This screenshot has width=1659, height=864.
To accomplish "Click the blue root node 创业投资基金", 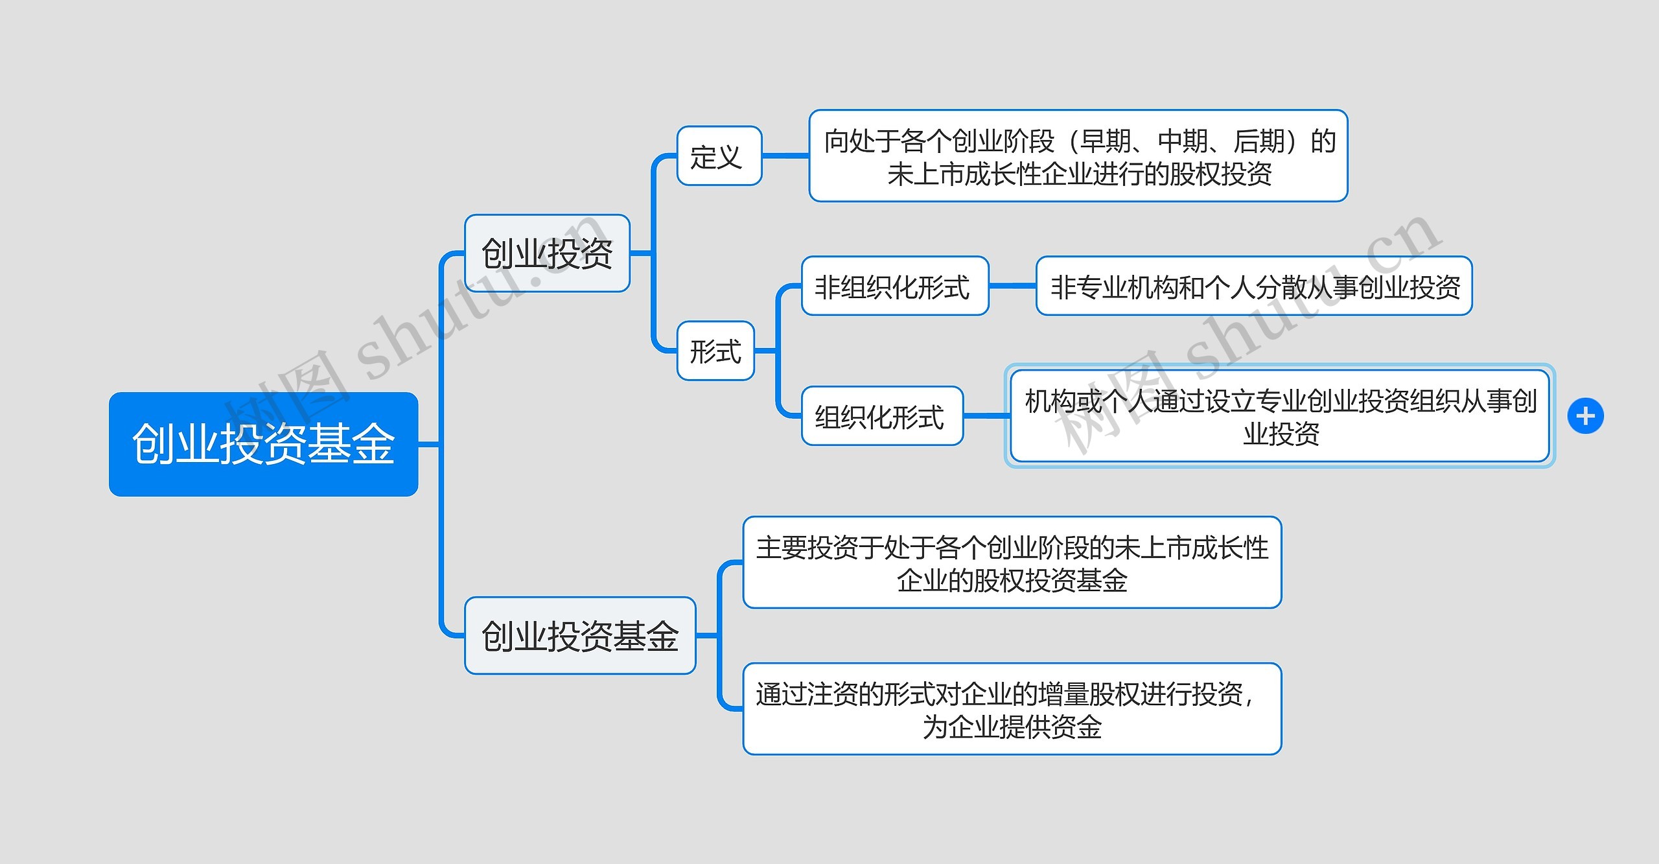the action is (263, 444).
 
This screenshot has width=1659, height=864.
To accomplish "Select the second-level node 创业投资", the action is (547, 253).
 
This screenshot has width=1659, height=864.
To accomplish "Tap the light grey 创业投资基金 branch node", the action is (580, 635).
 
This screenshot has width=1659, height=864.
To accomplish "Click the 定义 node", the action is (719, 156).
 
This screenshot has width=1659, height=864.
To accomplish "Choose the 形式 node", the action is (715, 351).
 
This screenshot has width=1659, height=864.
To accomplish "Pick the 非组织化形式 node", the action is (895, 286).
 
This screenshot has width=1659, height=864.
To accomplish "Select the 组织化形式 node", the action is (882, 415).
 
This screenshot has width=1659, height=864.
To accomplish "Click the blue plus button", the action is (1585, 415).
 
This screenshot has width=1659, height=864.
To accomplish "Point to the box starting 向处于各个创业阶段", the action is (1078, 156).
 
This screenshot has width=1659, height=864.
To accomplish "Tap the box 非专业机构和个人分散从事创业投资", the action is (1254, 286).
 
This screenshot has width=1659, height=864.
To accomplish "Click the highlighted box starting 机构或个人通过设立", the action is (1280, 416).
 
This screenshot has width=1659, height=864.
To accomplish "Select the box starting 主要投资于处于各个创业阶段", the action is (1012, 562).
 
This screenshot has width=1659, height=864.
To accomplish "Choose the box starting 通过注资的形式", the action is (1012, 708).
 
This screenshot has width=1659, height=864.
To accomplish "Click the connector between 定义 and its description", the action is (785, 156).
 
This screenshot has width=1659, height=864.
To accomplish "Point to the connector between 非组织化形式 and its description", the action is (1012, 286).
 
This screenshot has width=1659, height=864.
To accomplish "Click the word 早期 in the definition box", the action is (1107, 141).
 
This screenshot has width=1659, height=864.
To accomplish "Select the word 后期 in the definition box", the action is (1259, 141).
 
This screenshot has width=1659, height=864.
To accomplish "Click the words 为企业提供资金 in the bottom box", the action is (1012, 727).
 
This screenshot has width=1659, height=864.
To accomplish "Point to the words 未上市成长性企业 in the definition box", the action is (990, 174).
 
